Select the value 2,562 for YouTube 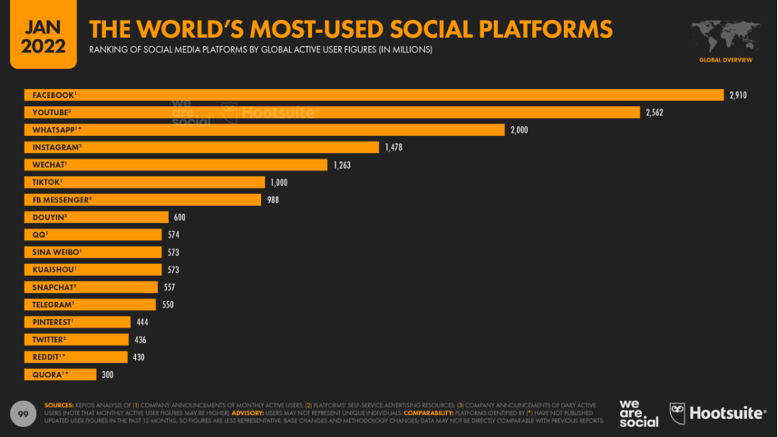654,112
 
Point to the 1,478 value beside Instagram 393,147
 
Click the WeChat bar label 49,165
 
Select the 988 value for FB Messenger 273,200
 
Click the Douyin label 49,217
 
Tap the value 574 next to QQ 173,235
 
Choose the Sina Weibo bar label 57,252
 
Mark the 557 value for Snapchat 169,287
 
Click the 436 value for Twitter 140,340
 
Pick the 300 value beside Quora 107,374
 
